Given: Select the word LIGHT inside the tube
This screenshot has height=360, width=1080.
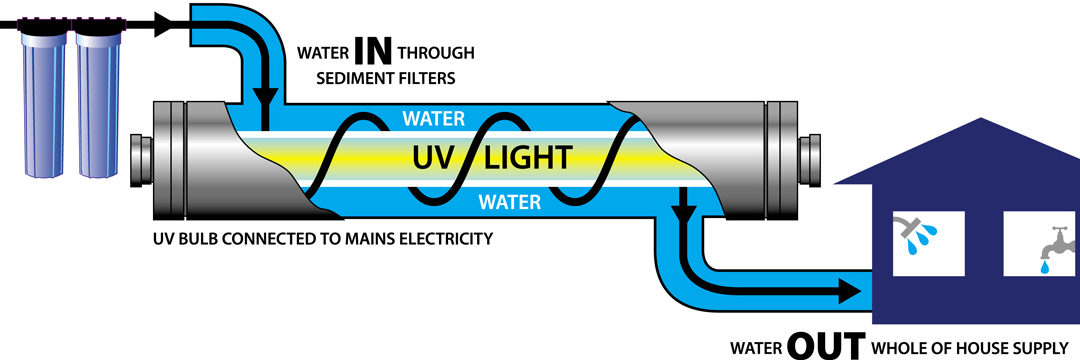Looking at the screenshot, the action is pos(529,158).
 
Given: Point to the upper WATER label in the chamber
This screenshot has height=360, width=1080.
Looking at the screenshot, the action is pos(433,118).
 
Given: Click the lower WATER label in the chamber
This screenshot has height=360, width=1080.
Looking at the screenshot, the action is pos(510,202).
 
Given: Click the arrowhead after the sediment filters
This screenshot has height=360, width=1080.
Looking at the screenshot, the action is pos(164,25).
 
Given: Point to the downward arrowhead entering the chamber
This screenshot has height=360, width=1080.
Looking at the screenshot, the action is pos(265,98).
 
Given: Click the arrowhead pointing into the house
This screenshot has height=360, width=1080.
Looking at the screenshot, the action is pos(849,291).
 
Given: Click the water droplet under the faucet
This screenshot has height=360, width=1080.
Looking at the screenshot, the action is pos(1046,266).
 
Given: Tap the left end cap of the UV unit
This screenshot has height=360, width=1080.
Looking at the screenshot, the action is pos(141,160).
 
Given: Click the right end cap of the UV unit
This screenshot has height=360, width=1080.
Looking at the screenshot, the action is pos(809,160).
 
